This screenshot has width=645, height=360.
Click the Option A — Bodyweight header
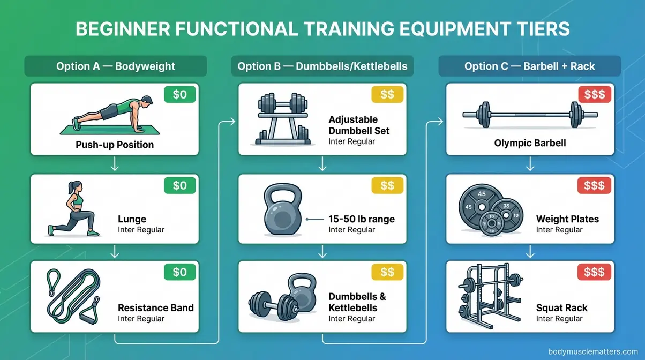click(x=115, y=66)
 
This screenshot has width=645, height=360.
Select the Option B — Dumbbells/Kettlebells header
click(x=322, y=66)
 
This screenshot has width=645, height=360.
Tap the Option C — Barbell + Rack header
click(x=529, y=66)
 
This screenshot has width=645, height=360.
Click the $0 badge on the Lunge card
click(x=180, y=185)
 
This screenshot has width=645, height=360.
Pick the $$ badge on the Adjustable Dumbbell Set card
click(x=387, y=95)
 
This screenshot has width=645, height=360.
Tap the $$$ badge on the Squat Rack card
click(x=595, y=273)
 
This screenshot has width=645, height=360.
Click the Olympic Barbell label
click(x=530, y=144)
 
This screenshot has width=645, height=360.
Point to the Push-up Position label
click(x=115, y=145)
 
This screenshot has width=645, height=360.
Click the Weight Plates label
click(x=567, y=219)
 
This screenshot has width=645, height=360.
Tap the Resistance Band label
click(x=155, y=308)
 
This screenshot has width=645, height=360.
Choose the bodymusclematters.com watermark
click(x=593, y=351)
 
